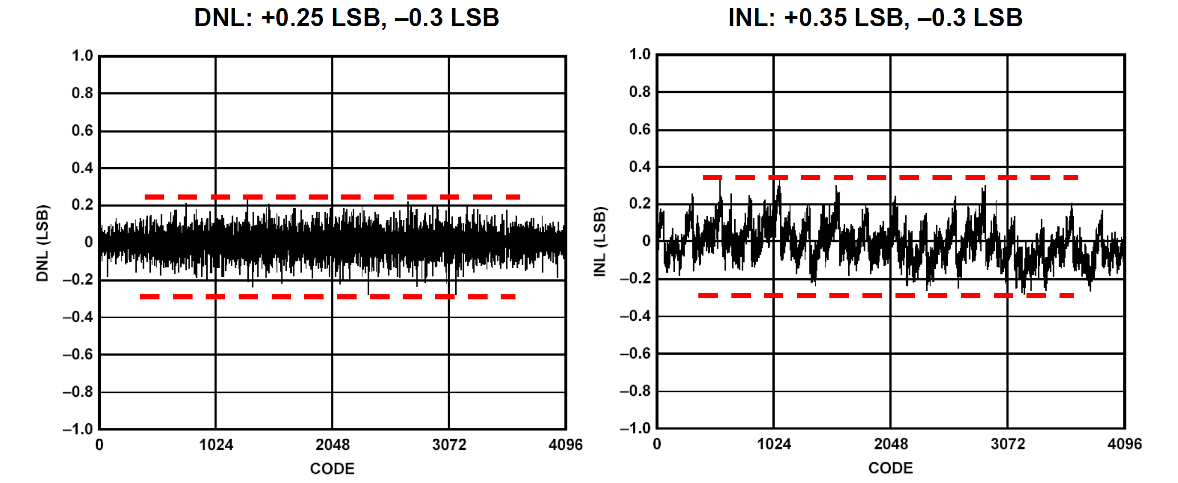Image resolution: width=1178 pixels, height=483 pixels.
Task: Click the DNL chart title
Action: pos(346,18)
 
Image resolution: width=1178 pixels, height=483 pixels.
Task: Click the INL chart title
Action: pos(875,18)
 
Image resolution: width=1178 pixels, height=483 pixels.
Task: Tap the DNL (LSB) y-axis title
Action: pos(43,243)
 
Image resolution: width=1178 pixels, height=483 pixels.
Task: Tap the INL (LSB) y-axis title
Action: pos(600,242)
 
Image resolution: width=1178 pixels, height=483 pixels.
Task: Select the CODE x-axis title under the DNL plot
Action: pos(332,469)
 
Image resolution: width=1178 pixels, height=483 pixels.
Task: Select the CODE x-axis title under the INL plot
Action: pos(890,468)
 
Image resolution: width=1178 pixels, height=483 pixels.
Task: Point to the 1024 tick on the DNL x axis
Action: pos(216,445)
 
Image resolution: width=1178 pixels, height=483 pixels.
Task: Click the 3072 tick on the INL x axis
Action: pos(1008,444)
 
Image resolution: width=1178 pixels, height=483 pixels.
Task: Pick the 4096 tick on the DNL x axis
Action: pos(566,445)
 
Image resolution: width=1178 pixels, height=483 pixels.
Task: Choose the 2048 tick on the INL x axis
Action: pos(891,444)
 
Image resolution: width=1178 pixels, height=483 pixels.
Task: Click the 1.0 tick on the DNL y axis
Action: pos(82,56)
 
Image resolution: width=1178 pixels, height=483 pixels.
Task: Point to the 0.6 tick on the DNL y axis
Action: pos(82,131)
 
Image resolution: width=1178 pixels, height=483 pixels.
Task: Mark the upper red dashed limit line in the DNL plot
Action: pos(332,197)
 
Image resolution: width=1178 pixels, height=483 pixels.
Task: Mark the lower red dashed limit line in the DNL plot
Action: pos(328,297)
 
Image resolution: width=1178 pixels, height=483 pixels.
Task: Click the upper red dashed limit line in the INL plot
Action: pos(890,178)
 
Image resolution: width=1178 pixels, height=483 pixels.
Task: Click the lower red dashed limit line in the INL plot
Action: pos(886,295)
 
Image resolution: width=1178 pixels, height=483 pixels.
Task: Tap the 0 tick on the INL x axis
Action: pos(657,444)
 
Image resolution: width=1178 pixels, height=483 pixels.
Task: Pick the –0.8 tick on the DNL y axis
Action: pos(78,392)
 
